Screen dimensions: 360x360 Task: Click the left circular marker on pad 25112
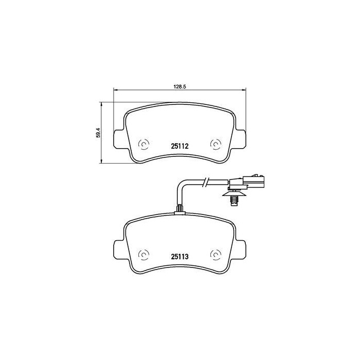click(x=144, y=145)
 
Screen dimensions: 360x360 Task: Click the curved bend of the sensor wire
click(x=181, y=185)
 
